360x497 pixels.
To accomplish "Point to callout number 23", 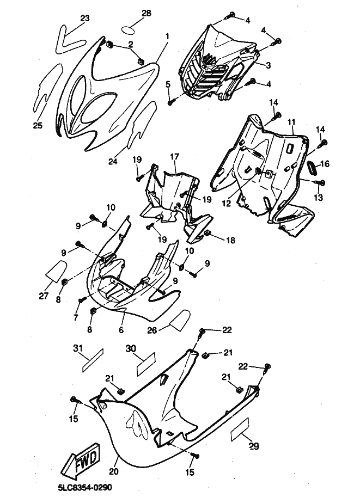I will click(x=84, y=18).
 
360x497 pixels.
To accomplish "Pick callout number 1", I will click(x=167, y=36).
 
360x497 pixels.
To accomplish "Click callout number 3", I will click(x=268, y=65).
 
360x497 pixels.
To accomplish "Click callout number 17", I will click(x=174, y=156).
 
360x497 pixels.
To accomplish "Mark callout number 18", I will click(x=231, y=240).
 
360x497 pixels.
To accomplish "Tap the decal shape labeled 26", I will click(x=179, y=320).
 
